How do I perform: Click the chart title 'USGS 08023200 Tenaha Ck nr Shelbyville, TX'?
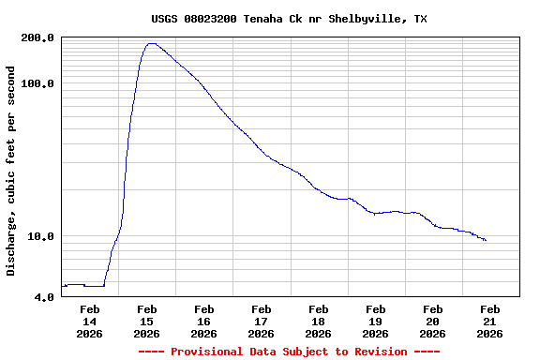289,19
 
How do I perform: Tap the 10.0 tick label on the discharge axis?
41,236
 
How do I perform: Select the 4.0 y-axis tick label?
44,297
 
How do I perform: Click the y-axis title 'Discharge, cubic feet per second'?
11,171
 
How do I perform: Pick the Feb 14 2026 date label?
90,322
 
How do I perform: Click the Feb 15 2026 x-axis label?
147,322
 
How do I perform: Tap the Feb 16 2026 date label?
204,322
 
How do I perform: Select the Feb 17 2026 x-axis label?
262,322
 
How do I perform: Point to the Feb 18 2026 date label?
319,322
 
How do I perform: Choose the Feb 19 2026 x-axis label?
376,322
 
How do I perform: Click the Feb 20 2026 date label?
433,322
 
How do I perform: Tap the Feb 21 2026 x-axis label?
490,322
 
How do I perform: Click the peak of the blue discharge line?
151,43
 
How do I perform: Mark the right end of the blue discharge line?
486,241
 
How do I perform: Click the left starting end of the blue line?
63,285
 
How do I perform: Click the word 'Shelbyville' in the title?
365,19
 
